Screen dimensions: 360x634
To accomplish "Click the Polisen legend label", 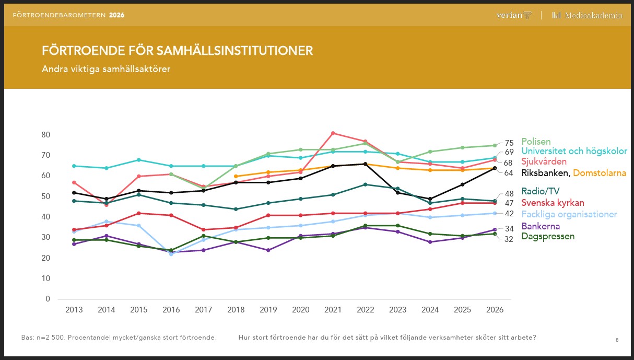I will point(536,142).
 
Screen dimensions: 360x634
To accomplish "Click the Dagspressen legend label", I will point(548,236).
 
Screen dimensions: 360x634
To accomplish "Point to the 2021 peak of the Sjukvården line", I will point(333,133).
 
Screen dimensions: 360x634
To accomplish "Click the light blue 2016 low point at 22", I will point(171,254).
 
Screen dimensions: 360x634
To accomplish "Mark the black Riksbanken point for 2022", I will point(365,164).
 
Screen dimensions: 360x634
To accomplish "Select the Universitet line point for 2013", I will point(74,166).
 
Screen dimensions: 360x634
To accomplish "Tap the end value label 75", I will point(509,143).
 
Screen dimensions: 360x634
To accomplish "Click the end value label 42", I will point(509,214).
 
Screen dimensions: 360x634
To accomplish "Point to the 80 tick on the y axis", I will point(45,135).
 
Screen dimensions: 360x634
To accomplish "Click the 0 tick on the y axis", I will point(48,299).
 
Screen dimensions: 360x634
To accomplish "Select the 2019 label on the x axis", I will point(268,310).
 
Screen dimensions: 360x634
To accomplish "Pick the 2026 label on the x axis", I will point(495,310).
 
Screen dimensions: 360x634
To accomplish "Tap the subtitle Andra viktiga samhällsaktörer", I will point(106,69).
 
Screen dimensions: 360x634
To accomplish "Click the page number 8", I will point(617,340).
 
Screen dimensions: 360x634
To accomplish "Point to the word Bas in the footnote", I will point(27,338).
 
